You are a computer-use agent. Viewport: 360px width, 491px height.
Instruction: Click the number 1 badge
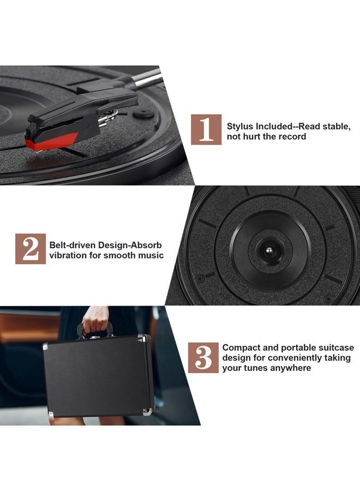coord(206,129)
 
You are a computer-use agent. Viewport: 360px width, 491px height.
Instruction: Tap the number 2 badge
coord(30,249)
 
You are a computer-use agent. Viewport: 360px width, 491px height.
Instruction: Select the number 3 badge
coord(203,357)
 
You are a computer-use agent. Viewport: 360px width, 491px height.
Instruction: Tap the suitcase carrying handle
coord(96,331)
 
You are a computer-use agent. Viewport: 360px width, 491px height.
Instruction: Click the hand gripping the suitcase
coord(96,321)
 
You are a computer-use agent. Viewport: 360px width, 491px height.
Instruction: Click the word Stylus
coord(241,126)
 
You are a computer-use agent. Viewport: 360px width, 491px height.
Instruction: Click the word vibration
coord(70,255)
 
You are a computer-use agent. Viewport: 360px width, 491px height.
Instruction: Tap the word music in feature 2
coord(150,255)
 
